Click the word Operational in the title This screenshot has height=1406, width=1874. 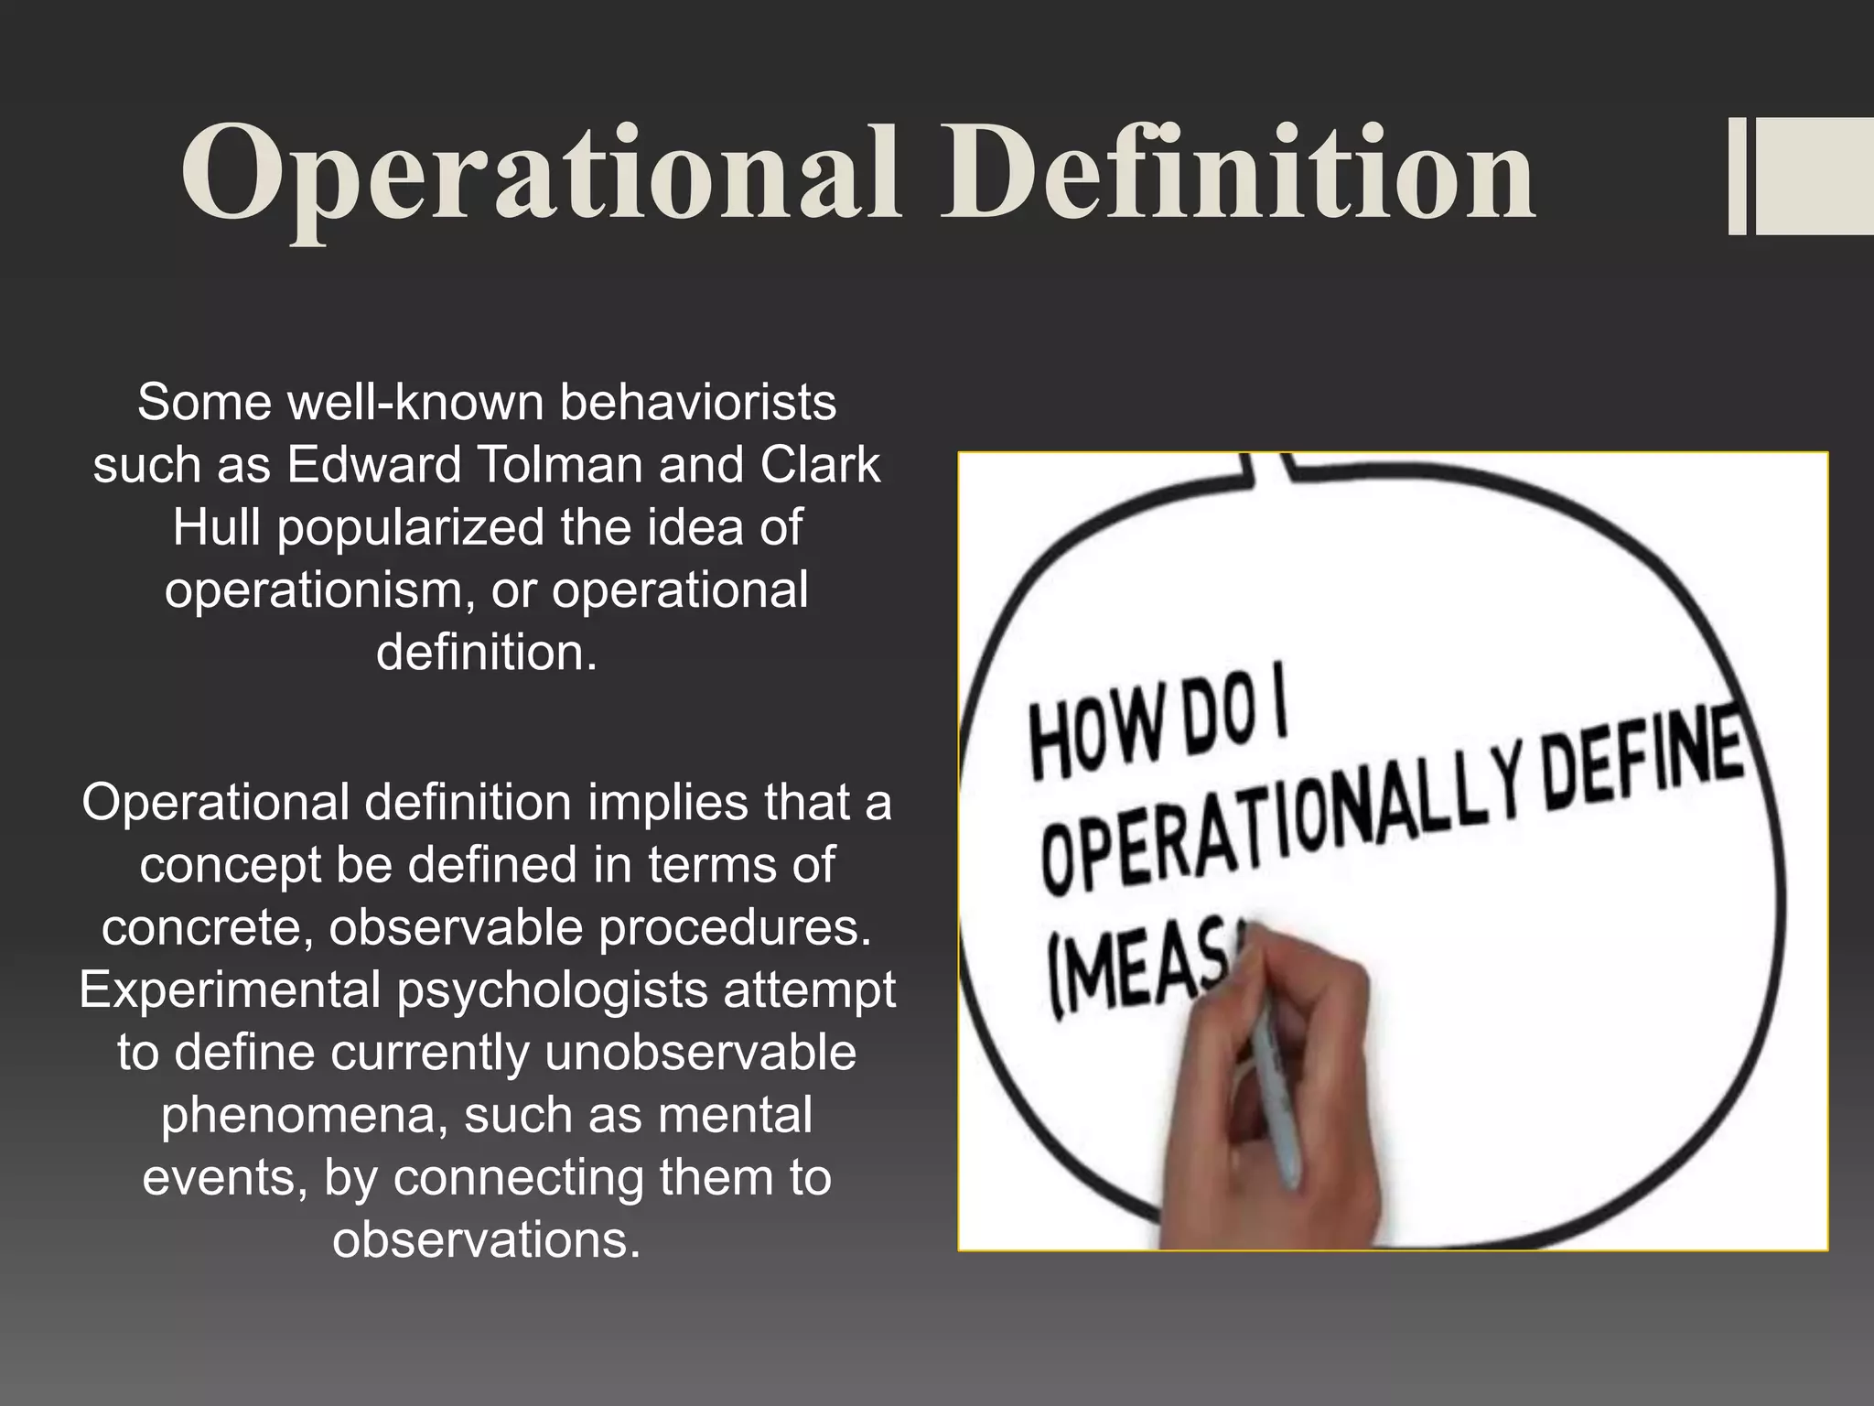540,174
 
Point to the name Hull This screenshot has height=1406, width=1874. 217,528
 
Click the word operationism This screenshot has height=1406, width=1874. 320,590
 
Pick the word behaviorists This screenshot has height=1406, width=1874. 697,403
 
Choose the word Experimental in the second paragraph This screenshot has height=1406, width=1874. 231,990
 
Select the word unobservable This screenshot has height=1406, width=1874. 700,1053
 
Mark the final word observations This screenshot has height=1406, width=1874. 486,1240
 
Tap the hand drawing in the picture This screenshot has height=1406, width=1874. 1318,1117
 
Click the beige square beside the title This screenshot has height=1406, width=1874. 1815,176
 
